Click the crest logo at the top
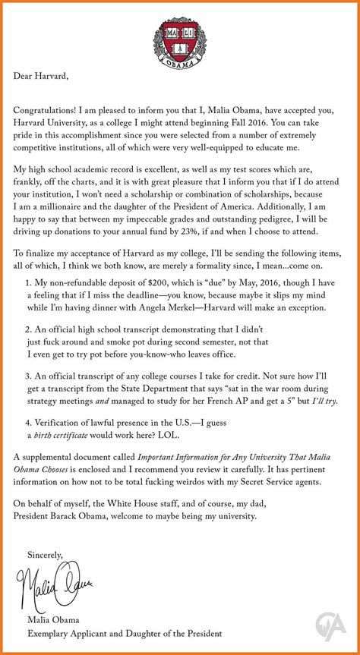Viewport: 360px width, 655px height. pos(179,36)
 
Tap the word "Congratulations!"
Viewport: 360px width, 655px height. pos(50,106)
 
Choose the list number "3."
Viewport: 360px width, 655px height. pos(29,376)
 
